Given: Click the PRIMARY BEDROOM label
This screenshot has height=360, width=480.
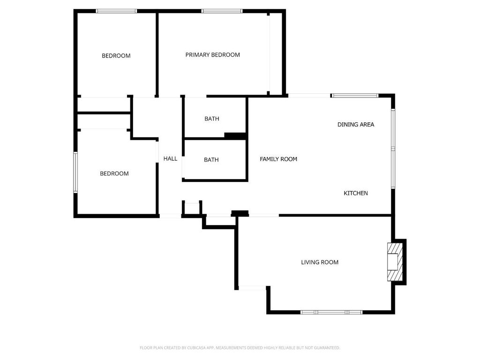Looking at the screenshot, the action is click(212, 55).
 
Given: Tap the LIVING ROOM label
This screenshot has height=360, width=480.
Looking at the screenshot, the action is click(320, 262).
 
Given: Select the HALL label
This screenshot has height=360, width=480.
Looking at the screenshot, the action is click(170, 158).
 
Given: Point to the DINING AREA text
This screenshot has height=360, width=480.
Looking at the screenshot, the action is click(356, 124).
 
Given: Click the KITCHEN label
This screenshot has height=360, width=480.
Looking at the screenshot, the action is click(356, 193).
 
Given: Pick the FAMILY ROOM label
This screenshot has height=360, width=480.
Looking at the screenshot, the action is click(278, 159).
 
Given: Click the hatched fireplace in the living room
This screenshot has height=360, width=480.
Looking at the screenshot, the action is click(395, 262).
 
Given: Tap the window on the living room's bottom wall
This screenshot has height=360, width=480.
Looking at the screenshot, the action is click(331, 312).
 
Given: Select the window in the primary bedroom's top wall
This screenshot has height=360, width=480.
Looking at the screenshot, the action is click(222, 11).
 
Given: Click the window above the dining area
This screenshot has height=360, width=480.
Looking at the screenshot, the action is click(355, 96).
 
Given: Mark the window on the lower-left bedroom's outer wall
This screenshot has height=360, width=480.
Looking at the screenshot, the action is click(75, 172).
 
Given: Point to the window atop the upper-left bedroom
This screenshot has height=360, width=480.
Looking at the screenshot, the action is click(116, 11).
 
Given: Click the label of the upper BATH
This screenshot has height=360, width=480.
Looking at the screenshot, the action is click(212, 119).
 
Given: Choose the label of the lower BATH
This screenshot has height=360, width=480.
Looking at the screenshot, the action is click(211, 160).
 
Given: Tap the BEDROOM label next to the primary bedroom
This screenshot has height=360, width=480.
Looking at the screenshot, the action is click(116, 56).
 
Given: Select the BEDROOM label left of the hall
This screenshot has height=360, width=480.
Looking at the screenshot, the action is click(114, 173).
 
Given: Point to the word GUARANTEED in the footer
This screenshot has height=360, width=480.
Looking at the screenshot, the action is click(329, 348).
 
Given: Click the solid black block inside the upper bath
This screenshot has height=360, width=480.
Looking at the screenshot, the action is click(235, 135).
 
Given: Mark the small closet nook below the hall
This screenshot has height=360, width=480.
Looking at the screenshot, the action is click(192, 208).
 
